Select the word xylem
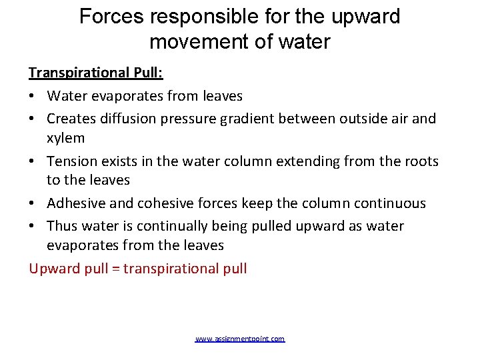point(65,138)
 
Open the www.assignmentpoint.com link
point(240,339)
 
